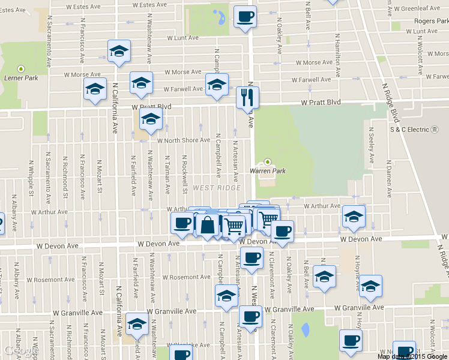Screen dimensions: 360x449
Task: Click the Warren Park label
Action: [x=268, y=171]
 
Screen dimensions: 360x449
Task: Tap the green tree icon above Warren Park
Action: [x=268, y=161]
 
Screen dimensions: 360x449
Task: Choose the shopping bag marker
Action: [x=207, y=226]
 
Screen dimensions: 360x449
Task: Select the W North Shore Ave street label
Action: [x=184, y=140]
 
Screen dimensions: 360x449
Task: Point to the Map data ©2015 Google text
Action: [x=412, y=356]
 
